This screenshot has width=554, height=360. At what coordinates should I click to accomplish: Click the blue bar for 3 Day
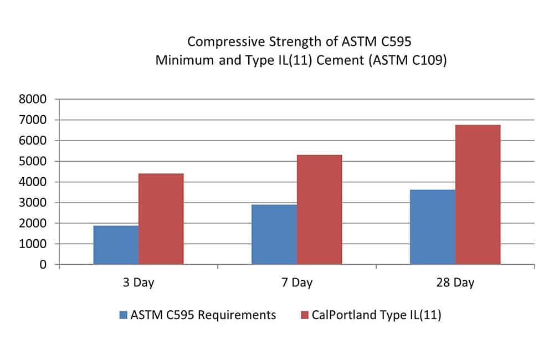tap(116, 245)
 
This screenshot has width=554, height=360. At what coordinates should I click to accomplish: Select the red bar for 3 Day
tap(161, 219)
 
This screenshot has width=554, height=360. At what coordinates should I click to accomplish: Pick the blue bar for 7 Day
tap(274, 234)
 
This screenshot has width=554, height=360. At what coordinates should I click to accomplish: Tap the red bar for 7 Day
tap(320, 209)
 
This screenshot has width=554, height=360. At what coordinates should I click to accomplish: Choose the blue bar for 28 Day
tap(433, 227)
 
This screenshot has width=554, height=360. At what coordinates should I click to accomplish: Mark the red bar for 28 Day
tap(478, 194)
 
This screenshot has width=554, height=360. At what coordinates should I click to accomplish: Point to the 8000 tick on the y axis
tap(33, 99)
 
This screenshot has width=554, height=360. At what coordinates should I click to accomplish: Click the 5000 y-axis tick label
tap(33, 162)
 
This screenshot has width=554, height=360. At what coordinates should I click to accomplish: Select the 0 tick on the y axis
tap(43, 265)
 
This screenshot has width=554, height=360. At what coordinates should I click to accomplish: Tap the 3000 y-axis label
tap(33, 203)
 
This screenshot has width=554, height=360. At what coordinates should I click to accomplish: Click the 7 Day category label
tap(297, 282)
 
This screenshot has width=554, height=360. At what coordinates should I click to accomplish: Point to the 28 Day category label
tap(455, 282)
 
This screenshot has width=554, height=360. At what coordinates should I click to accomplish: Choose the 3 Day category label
tap(138, 282)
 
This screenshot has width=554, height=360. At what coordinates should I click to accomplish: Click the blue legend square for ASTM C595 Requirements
tap(124, 315)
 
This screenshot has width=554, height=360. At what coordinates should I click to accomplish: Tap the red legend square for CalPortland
tap(305, 315)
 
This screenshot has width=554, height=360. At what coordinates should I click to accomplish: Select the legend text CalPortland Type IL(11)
tap(376, 315)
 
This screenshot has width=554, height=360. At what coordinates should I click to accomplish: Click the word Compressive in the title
tap(226, 42)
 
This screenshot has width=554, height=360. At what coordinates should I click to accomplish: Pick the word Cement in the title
tap(340, 60)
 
